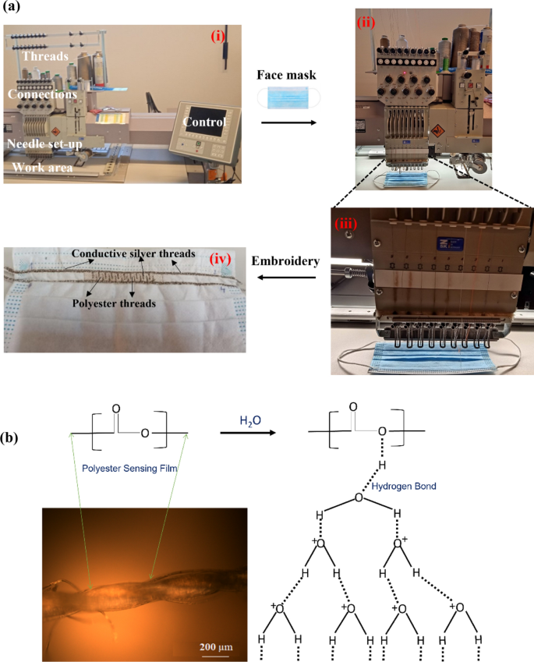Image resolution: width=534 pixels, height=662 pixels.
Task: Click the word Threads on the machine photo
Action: coord(46,57)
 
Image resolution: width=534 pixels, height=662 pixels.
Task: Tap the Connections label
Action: coord(42,94)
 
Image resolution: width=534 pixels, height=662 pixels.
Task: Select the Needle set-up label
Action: coord(45,143)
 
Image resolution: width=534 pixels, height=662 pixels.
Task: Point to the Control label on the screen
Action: coord(205,122)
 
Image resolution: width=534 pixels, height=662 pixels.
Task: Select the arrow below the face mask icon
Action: coord(288,122)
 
